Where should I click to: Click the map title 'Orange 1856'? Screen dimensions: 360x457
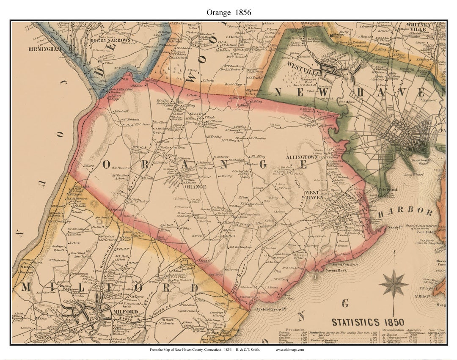[x=228, y=12]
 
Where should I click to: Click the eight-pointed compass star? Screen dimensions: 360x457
[x=394, y=284]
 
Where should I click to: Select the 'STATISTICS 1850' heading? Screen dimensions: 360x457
[x=367, y=322]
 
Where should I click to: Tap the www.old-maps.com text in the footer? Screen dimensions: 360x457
[x=290, y=350]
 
